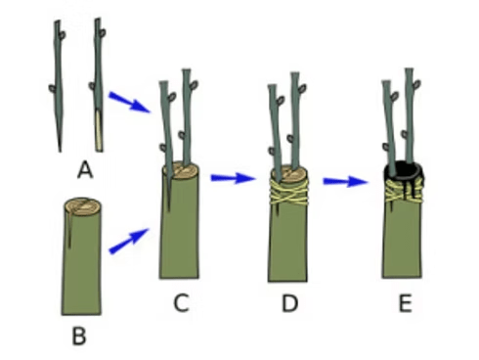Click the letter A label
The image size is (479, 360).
coord(85,170)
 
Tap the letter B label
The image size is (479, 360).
coord(79,337)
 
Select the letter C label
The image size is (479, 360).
coord(181,303)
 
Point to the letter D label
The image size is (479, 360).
coord(289,303)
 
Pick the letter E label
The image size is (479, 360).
coord(406,303)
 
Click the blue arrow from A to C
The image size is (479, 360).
coord(130,102)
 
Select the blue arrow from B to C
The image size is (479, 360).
coord(129,241)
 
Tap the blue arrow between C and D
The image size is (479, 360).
coord(233,178)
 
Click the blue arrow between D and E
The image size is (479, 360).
coord(345,182)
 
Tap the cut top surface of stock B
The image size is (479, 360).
coord(82,206)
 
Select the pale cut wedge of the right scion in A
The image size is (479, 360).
coord(99,130)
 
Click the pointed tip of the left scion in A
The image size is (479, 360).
coord(60,151)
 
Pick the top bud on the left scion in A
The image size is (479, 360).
coord(63,34)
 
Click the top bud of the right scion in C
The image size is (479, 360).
coord(194,85)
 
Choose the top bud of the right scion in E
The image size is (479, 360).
coord(416,84)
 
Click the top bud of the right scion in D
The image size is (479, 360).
coord(303,88)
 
